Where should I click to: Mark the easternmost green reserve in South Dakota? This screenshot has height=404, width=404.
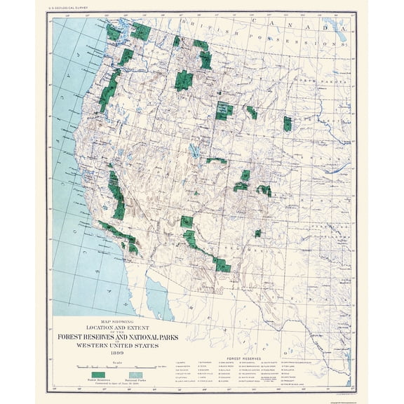(x=288, y=124)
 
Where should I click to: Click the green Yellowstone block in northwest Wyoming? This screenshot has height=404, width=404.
(x=224, y=111)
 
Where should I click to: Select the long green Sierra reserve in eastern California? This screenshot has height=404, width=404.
(x=117, y=193)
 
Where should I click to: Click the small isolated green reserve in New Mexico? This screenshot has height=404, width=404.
(x=257, y=233)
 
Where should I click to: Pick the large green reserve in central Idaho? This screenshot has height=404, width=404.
(x=184, y=80)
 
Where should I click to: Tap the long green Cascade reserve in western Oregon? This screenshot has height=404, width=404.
(x=109, y=91)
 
